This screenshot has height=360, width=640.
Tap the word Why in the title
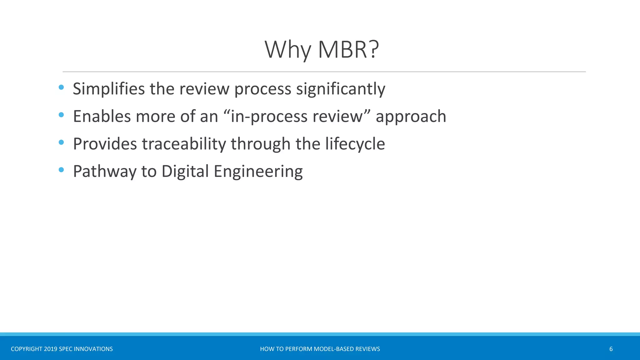(x=288, y=50)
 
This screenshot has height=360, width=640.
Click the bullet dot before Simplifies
(x=61, y=87)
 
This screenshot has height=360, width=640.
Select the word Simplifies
(x=109, y=89)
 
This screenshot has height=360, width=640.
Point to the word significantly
(x=341, y=89)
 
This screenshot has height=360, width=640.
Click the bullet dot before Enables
(x=61, y=115)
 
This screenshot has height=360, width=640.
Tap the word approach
(x=411, y=116)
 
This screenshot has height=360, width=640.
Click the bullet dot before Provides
(x=61, y=142)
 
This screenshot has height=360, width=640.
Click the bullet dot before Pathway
(x=61, y=170)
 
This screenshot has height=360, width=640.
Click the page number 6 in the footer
(x=611, y=349)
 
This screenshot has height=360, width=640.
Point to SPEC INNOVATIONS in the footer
(x=86, y=349)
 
